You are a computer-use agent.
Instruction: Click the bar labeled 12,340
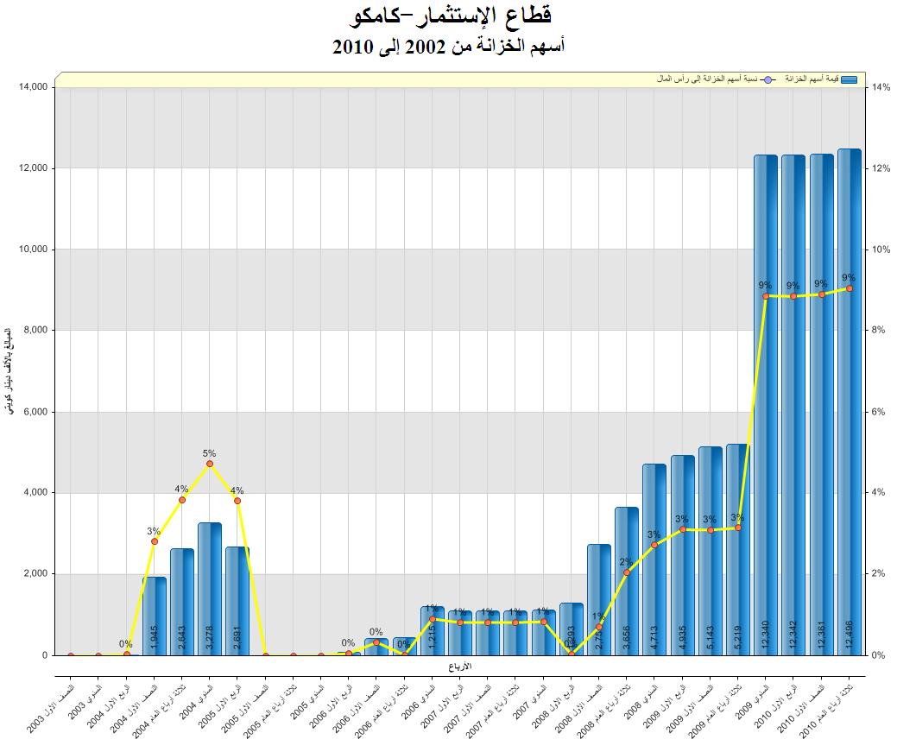click(766, 405)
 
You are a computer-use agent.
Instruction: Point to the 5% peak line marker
click(210, 464)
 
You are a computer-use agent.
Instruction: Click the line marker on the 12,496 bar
click(850, 288)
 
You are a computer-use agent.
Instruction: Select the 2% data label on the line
click(626, 562)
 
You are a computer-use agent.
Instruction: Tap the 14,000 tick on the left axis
click(32, 87)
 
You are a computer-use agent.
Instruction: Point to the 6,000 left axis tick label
click(35, 412)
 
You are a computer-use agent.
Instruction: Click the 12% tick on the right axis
click(881, 168)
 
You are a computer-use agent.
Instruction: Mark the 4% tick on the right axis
click(879, 493)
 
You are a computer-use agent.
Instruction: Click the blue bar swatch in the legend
click(849, 79)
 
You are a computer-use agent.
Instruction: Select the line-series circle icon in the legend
click(768, 79)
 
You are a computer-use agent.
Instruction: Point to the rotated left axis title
click(9, 370)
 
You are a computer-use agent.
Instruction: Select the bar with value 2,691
click(237, 601)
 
